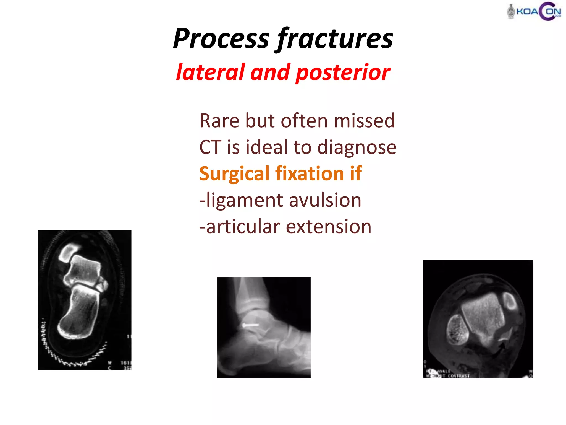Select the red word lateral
tap(211, 72)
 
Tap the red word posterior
tap(343, 72)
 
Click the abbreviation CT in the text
tap(210, 147)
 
